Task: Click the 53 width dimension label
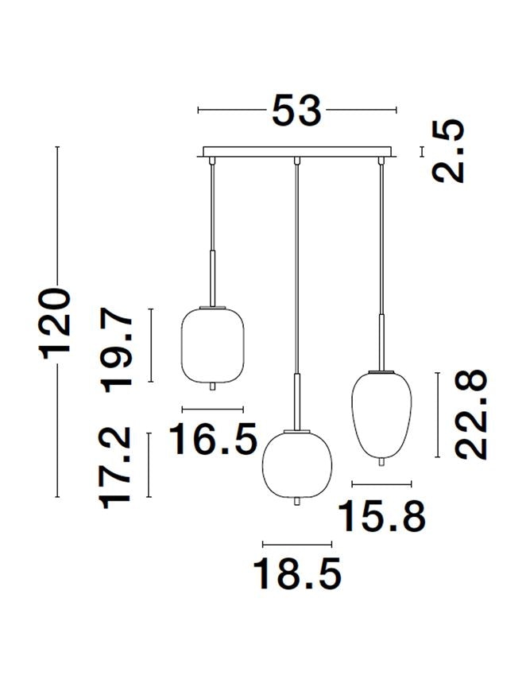pos(296,110)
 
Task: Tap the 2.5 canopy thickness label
pos(448,151)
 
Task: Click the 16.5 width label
pos(213,439)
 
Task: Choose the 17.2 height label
pos(117,468)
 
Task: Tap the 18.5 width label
pos(297,573)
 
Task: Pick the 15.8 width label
pos(381,516)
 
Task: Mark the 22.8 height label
pos(470,414)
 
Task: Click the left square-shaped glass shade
pos(212,344)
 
